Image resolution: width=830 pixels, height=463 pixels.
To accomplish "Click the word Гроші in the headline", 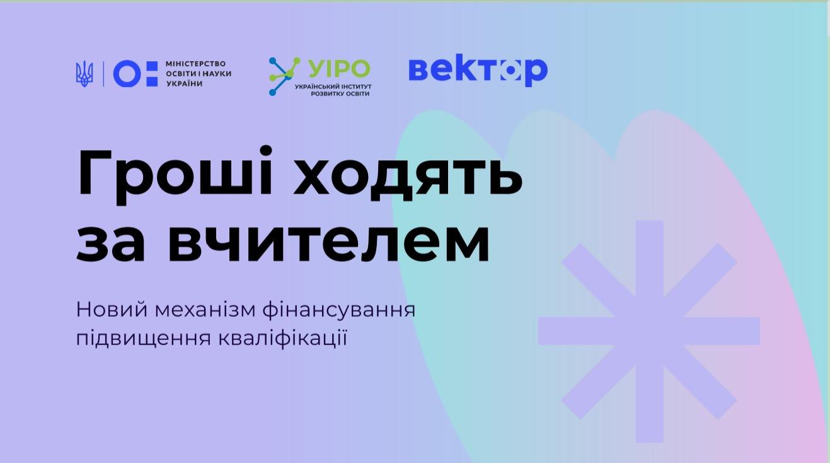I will [x=175, y=173].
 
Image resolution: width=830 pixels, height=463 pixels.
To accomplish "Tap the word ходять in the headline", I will [x=408, y=173].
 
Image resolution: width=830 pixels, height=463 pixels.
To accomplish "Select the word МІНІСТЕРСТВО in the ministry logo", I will [x=195, y=64].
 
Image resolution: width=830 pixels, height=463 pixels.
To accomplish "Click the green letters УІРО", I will [x=339, y=68].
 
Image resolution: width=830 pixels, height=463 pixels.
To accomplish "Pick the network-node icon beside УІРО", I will [x=284, y=76].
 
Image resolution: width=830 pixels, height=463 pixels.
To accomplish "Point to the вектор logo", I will [x=478, y=70].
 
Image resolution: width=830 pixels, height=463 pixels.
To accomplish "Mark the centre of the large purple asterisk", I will [x=648, y=331].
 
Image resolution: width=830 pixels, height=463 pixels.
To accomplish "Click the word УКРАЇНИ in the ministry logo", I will [x=184, y=84].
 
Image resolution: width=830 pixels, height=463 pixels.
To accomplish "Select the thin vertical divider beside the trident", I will [x=103, y=74].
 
